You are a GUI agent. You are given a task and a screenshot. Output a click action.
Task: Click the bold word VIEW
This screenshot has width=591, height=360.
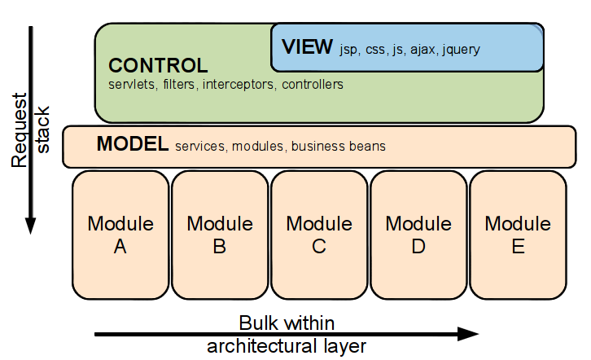click(x=307, y=46)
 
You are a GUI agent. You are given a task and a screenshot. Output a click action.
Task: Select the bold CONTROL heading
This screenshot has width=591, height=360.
click(x=158, y=66)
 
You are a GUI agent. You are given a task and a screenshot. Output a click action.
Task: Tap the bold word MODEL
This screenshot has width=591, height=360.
click(x=133, y=143)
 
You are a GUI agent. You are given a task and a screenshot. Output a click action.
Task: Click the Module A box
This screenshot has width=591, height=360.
click(x=120, y=235)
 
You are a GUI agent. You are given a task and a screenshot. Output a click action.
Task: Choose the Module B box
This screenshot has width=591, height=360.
click(x=220, y=235)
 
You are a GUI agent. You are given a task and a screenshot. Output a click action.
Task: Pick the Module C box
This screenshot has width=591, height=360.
click(x=319, y=235)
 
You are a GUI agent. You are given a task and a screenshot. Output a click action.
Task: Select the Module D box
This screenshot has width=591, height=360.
click(x=418, y=235)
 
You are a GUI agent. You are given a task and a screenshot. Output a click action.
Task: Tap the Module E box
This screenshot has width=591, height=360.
click(x=518, y=235)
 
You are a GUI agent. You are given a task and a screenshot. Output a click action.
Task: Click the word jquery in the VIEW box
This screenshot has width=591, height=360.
click(x=461, y=50)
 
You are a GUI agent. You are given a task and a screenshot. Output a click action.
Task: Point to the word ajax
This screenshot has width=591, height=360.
click(x=423, y=50)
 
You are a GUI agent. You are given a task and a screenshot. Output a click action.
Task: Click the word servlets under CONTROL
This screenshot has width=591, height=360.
click(x=133, y=85)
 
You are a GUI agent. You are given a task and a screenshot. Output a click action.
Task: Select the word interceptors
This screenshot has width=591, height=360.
click(x=239, y=85)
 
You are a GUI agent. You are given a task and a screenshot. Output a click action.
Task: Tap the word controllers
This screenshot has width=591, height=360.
click(x=313, y=85)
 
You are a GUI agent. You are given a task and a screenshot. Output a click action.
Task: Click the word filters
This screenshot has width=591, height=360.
click(x=179, y=85)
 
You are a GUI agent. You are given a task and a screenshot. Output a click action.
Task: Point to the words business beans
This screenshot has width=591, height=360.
click(x=339, y=147)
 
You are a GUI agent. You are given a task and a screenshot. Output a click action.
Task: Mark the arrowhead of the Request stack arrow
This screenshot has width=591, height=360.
click(x=31, y=226)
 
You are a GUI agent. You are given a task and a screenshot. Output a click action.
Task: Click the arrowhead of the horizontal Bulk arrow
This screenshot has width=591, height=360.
click(x=468, y=334)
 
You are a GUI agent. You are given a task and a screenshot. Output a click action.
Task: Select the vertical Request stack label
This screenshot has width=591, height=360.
click(x=30, y=130)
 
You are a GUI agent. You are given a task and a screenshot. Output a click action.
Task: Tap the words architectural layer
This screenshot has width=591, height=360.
click(x=287, y=346)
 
